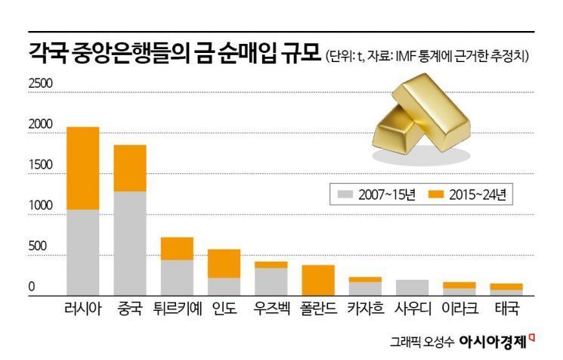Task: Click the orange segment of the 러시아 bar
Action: (83, 168)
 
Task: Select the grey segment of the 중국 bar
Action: (130, 243)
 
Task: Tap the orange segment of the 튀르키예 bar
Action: (177, 248)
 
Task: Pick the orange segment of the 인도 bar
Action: (224, 263)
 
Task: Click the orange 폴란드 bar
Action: (317, 280)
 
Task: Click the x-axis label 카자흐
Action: (365, 309)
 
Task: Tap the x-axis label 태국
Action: (506, 309)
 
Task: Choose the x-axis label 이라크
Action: (459, 309)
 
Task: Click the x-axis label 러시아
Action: (83, 309)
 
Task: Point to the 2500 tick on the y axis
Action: (40, 83)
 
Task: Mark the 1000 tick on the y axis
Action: (40, 206)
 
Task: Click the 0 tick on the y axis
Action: (32, 287)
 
